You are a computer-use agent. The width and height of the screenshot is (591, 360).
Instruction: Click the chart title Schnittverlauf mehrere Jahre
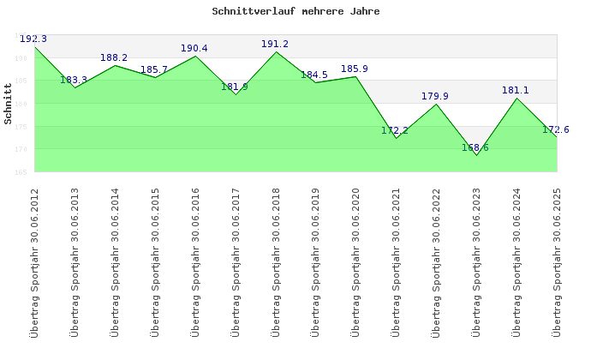(295, 12)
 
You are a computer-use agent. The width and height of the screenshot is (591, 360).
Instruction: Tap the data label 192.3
(33, 39)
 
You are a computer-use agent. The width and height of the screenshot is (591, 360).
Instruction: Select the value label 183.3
(74, 81)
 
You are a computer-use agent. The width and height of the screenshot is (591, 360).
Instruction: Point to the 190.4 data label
(194, 49)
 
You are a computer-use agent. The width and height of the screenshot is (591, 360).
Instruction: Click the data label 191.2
(275, 45)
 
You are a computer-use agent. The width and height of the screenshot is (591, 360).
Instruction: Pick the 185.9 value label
(355, 69)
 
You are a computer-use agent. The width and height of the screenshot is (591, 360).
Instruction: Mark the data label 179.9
(435, 97)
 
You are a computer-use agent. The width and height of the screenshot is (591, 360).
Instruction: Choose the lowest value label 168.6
(475, 148)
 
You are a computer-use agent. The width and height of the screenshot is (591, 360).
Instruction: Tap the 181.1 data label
(516, 91)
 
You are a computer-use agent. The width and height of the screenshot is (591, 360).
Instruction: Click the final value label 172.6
(556, 130)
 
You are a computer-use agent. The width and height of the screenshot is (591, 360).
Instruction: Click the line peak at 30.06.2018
(276, 51)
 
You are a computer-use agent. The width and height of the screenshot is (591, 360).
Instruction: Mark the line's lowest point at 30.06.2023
(476, 155)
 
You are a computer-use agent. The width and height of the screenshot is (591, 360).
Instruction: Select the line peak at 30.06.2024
(516, 98)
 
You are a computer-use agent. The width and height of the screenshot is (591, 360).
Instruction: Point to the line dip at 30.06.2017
(236, 94)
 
